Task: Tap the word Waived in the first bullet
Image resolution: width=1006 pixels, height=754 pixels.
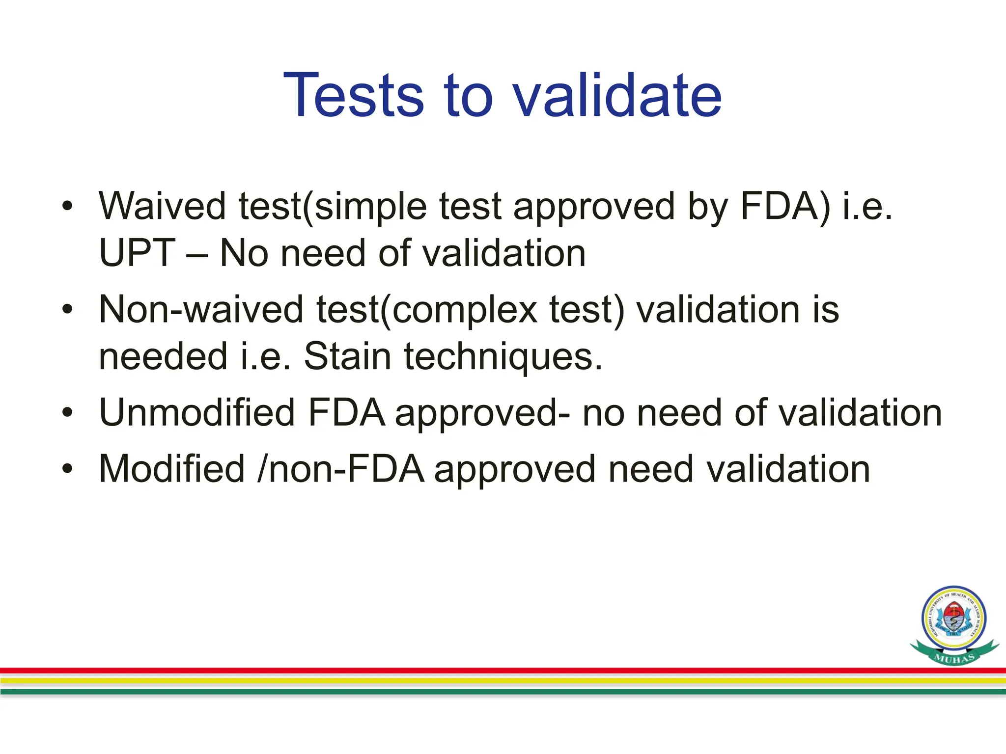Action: click(x=163, y=206)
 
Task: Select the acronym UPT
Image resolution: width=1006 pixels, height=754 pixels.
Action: click(x=137, y=253)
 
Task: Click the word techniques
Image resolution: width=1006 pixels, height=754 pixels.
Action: click(x=503, y=357)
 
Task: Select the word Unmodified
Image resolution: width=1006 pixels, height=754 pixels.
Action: click(x=196, y=412)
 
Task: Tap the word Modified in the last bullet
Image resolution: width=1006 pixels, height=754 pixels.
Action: click(x=172, y=469)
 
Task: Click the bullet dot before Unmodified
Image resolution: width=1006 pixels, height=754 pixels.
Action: click(x=67, y=413)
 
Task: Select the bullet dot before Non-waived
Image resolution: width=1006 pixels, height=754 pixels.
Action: click(x=67, y=310)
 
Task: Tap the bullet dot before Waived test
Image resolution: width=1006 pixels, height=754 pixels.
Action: click(x=67, y=206)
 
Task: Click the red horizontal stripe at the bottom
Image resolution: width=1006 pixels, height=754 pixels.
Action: click(x=491, y=670)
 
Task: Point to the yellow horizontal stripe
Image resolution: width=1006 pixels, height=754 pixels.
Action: click(x=491, y=680)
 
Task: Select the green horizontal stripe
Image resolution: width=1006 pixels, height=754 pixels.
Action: click(x=491, y=692)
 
